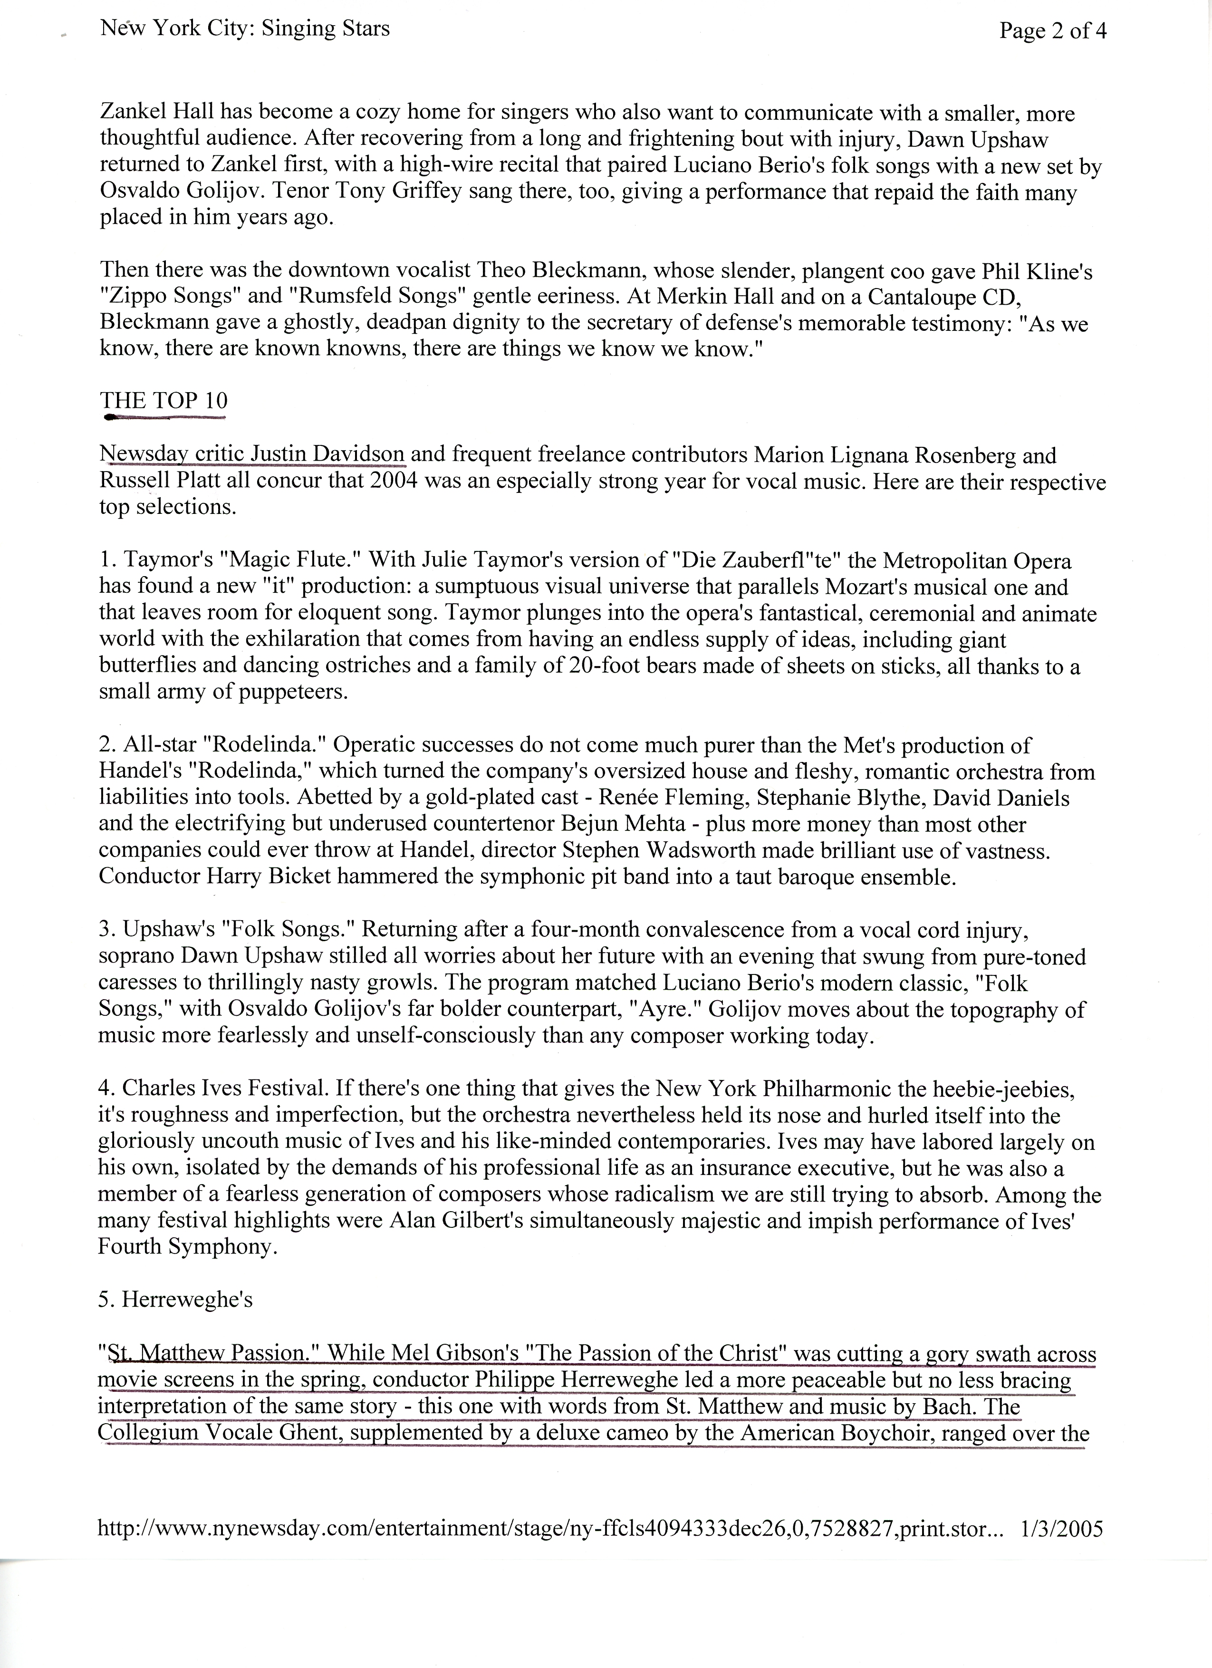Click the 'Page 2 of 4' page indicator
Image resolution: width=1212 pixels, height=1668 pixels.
pyautogui.click(x=1052, y=31)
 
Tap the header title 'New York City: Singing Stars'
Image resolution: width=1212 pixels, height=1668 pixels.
pyautogui.click(x=245, y=29)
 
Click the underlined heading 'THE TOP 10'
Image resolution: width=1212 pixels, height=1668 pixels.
pyautogui.click(x=164, y=401)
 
